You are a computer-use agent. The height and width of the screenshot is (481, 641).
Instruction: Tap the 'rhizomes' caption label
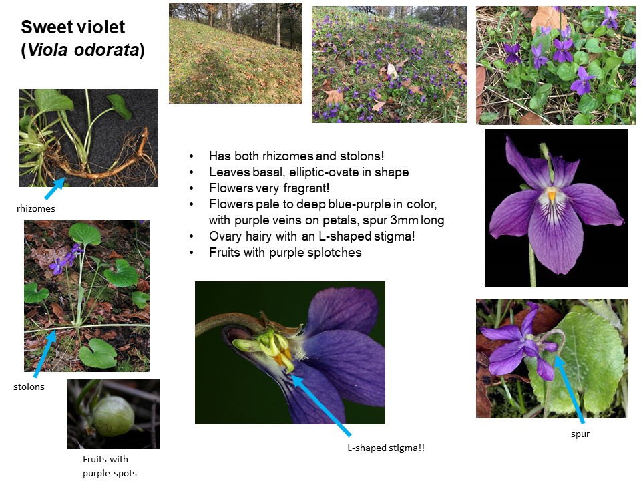coord(36,208)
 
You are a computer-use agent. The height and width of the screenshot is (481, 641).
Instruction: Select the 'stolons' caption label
coord(29,387)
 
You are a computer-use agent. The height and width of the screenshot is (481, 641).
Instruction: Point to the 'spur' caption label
coord(580,434)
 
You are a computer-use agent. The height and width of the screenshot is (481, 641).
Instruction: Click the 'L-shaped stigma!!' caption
coord(386,448)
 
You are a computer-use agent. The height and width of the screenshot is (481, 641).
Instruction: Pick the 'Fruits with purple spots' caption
coord(110,466)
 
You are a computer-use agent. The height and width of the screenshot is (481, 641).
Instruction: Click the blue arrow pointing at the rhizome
coord(54,188)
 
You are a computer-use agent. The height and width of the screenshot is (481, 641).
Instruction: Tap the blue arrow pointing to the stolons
coord(45,354)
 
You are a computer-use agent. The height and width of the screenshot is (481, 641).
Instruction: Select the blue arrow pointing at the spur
coord(569,389)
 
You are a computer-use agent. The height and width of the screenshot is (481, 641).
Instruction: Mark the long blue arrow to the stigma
coord(320,406)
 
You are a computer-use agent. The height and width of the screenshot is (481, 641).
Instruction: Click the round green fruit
coord(114,416)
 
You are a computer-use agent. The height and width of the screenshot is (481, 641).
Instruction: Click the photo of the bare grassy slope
coord(236,53)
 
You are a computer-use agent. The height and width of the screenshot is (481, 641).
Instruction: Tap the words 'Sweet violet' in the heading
coord(73,27)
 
